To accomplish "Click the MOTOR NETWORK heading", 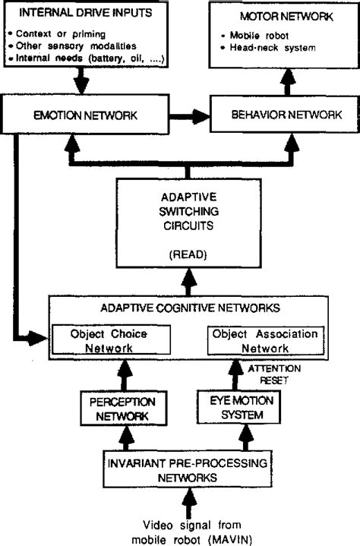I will pyautogui.click(x=285, y=15).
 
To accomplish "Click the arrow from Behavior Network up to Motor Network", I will pyautogui.click(x=287, y=84).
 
